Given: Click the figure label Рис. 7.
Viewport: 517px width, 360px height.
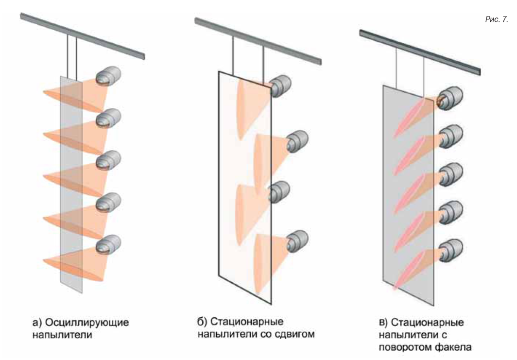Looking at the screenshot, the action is click(497, 20).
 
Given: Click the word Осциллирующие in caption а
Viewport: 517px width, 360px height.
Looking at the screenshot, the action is click(86, 322).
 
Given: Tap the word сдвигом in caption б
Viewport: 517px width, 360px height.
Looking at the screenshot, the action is click(294, 334).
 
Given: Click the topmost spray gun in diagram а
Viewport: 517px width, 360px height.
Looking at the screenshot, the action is click(108, 76).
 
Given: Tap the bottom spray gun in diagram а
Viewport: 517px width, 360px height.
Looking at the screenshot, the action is click(108, 244).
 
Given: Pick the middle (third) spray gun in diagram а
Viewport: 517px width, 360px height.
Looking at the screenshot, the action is click(108, 160).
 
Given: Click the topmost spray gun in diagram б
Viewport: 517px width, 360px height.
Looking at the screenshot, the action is click(280, 86).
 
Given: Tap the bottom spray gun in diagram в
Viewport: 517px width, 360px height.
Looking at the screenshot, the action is click(451, 251).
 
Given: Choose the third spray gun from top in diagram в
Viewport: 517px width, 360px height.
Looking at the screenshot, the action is click(451, 174).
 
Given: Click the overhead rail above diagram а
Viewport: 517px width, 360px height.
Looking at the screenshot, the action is click(83, 36).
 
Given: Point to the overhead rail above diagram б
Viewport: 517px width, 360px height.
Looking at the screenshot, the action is click(258, 41).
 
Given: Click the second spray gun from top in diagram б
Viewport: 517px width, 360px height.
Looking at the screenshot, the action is click(297, 141).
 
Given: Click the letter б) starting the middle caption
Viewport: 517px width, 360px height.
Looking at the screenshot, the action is click(202, 322).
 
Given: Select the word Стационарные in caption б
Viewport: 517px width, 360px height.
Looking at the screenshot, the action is click(247, 322).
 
